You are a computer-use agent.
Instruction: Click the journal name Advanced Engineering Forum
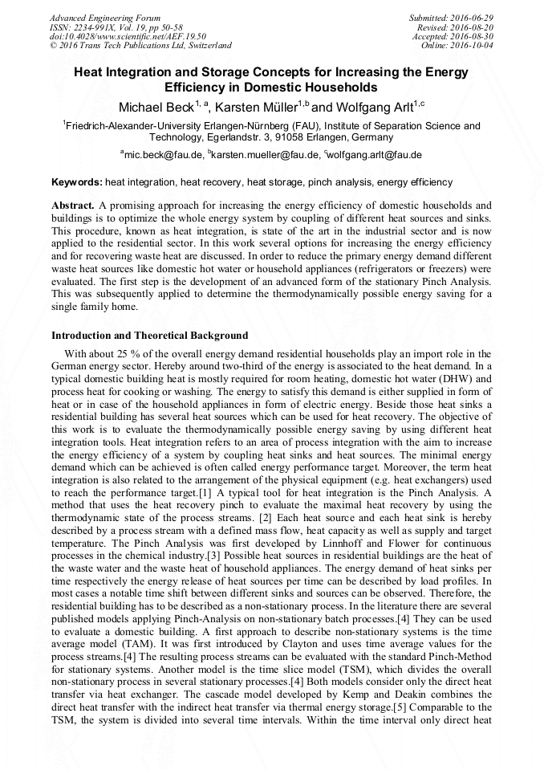tap(105, 18)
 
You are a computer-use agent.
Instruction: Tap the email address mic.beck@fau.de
tap(162, 155)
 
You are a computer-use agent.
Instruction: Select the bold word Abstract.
tap(73, 206)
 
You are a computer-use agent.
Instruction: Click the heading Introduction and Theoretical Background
tap(150, 335)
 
